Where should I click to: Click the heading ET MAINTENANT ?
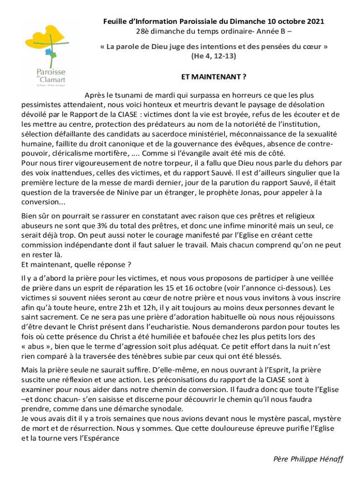[x=214, y=76]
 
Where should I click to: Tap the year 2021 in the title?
[x=315, y=22]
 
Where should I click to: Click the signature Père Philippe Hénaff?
[x=309, y=459]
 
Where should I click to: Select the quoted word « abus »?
[x=36, y=346]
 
